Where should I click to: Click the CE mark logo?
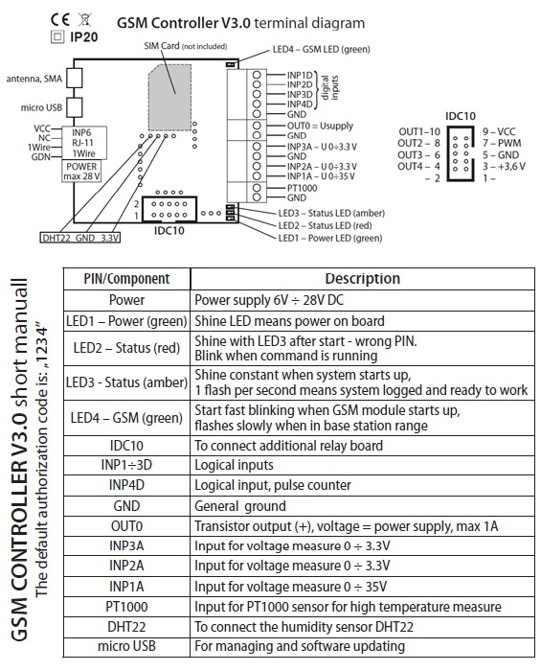(59, 19)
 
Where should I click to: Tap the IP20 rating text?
(83, 37)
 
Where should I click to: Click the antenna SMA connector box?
(75, 79)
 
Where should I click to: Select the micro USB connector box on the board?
(75, 107)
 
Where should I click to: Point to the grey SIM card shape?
(169, 98)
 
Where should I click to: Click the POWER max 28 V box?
(81, 172)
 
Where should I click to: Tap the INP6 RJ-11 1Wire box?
(83, 143)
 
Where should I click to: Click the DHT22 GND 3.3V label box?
(80, 238)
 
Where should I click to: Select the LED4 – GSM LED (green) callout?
(322, 50)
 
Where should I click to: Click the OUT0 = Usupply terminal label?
(320, 126)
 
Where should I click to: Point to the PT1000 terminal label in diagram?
(303, 188)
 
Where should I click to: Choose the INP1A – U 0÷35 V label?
(321, 176)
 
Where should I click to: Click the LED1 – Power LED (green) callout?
(330, 238)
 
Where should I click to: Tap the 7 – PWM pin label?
(502, 144)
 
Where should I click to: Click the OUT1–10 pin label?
(419, 132)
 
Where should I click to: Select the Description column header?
(363, 279)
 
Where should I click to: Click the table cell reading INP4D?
(126, 485)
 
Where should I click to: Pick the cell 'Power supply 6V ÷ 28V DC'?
(269, 300)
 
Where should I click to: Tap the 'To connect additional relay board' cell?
(288, 446)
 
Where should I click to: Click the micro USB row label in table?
(126, 646)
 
